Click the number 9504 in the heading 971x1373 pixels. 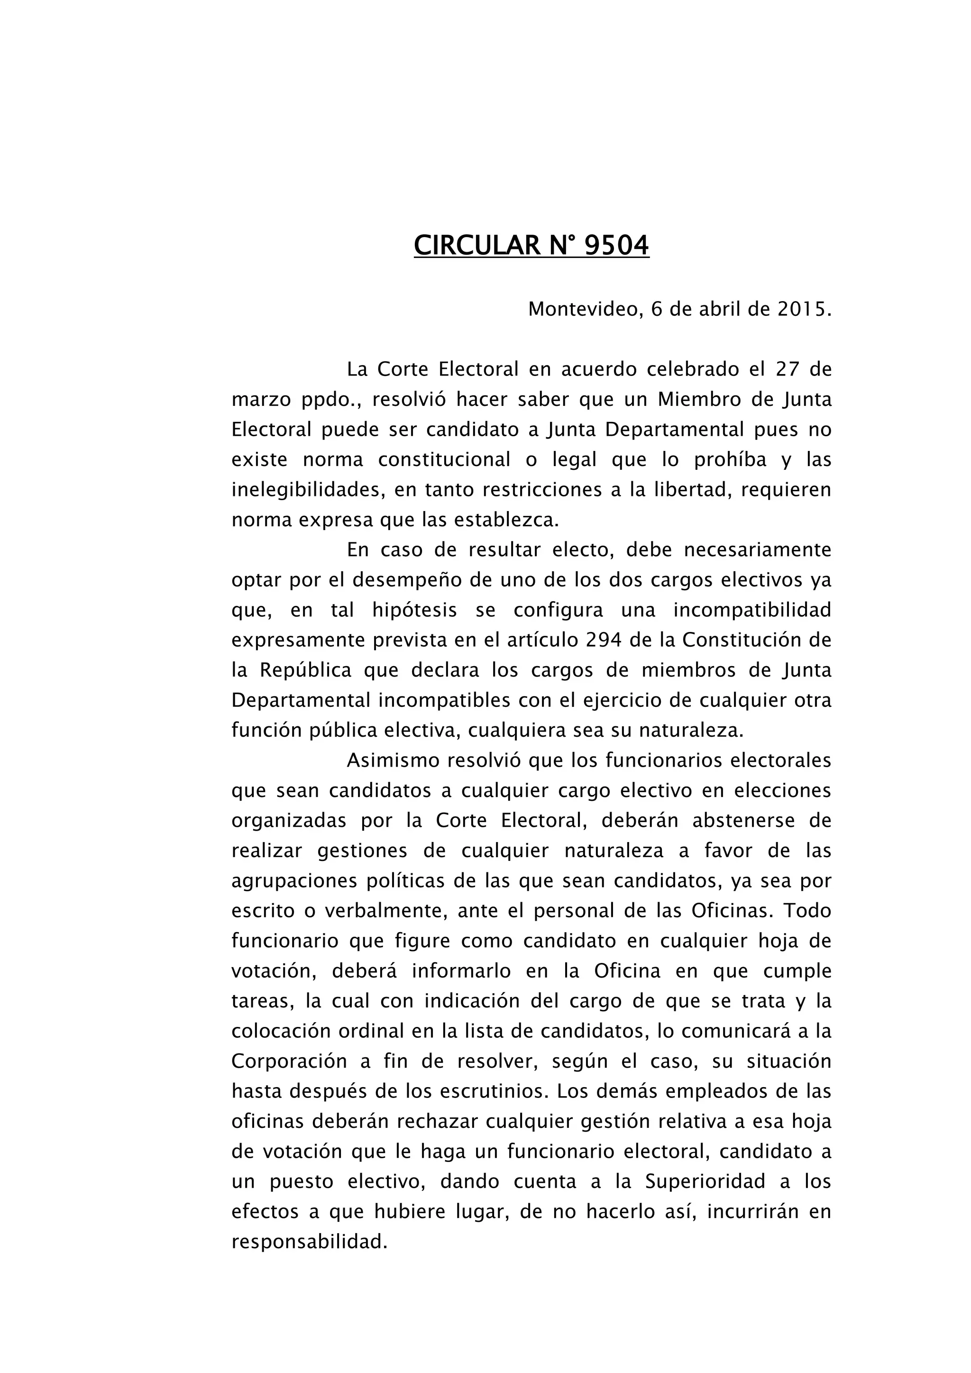pos(616,245)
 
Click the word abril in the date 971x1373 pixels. pos(716,309)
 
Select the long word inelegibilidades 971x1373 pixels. pos(305,490)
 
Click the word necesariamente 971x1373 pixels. pos(758,549)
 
